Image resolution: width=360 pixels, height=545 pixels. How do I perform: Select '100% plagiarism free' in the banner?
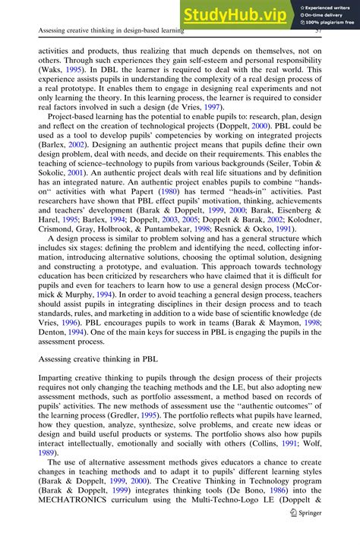tap(328, 23)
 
